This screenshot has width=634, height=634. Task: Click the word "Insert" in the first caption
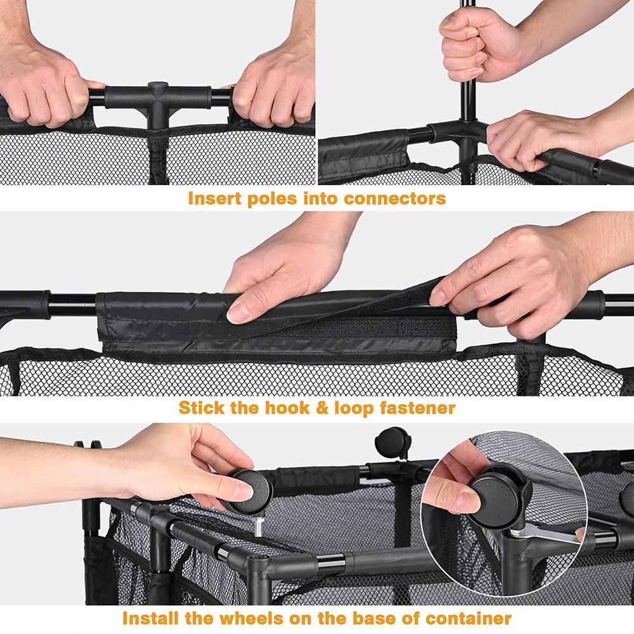[x=214, y=198]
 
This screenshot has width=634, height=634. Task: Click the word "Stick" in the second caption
[x=201, y=408]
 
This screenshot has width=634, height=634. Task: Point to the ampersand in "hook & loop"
[x=322, y=408]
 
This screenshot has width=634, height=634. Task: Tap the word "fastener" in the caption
[x=417, y=408]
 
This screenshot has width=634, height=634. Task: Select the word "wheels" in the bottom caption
[x=248, y=619]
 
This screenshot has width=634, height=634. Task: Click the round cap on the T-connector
[x=157, y=86]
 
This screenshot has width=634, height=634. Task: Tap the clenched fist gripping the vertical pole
[x=473, y=44]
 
